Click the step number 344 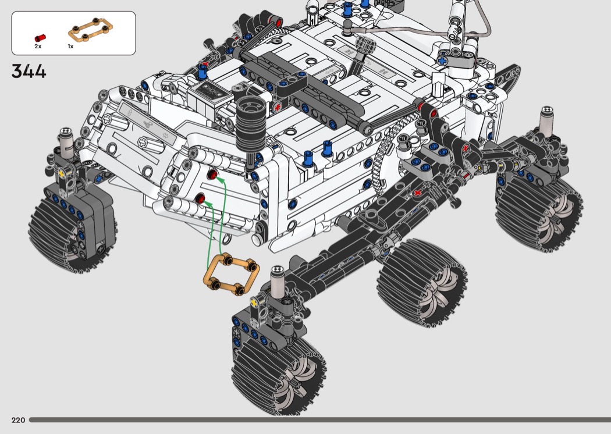pyautogui.click(x=29, y=72)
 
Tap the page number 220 pyautogui.click(x=18, y=420)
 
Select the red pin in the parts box pyautogui.click(x=40, y=38)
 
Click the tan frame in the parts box pyautogui.click(x=90, y=30)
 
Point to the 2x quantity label pyautogui.click(x=38, y=47)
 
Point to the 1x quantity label pyautogui.click(x=70, y=47)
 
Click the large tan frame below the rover pyautogui.click(x=231, y=274)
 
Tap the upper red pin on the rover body pyautogui.click(x=212, y=174)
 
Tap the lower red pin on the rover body pyautogui.click(x=200, y=199)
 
